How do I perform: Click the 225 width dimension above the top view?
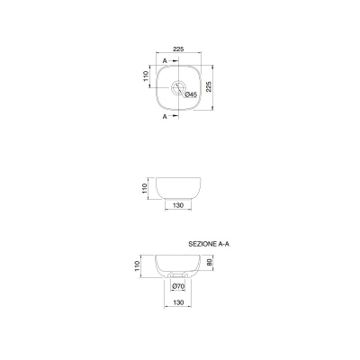point(178,49)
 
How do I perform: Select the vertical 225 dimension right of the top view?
point(209,86)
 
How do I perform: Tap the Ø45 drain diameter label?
point(191,94)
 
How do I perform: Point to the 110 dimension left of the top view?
point(146,76)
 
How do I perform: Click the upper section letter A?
point(165,61)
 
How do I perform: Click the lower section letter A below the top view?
point(165,116)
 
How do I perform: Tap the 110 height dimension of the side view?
point(145,188)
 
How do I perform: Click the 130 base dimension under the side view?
point(178,205)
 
